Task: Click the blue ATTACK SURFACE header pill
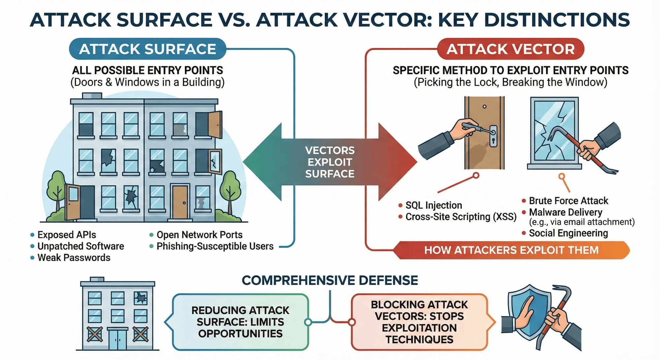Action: point(148,49)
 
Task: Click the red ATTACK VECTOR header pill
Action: point(511,49)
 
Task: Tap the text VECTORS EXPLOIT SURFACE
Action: point(330,162)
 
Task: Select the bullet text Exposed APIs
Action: point(67,235)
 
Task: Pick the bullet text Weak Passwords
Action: point(74,258)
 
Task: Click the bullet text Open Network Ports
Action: point(199,235)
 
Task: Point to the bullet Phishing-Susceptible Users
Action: point(215,246)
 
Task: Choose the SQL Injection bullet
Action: point(433,205)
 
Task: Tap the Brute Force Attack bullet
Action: point(568,201)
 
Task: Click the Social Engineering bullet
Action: point(568,233)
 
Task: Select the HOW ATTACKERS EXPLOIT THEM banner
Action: point(511,250)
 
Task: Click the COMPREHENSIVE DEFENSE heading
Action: point(330,280)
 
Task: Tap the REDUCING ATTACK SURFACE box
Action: point(240,322)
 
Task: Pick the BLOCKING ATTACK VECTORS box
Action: point(419,322)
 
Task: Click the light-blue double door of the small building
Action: point(117,339)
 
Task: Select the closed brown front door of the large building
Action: point(180,202)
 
